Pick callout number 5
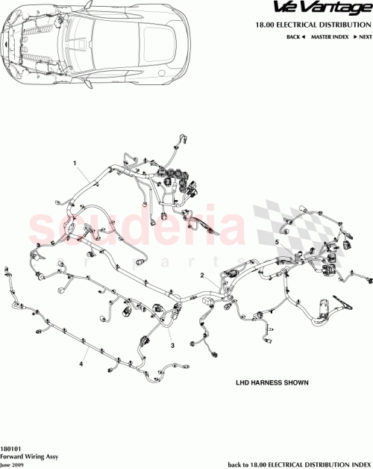point(276,243)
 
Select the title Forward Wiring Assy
point(29,455)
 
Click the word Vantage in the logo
point(342,8)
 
